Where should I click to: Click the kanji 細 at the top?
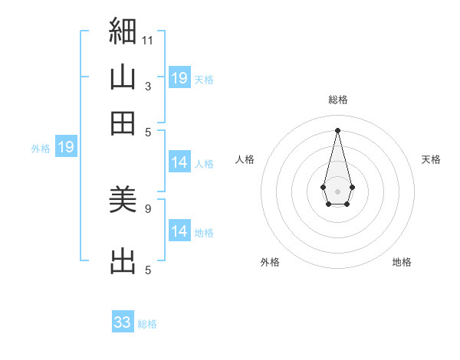click(123, 31)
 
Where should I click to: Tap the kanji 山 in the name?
click(123, 77)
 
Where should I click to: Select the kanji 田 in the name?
click(123, 123)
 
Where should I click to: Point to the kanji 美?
click(123, 199)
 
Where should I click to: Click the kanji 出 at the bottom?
click(123, 260)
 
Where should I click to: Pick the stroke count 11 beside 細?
click(147, 41)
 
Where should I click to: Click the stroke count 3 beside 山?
click(148, 87)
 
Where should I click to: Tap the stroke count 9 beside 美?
click(148, 209)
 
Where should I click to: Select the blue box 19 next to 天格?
click(179, 77)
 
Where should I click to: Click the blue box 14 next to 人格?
click(179, 162)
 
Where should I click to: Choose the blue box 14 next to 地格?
click(179, 230)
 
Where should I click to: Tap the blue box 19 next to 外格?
click(66, 146)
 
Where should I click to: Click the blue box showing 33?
click(123, 321)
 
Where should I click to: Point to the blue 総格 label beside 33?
click(147, 324)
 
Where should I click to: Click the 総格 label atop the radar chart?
click(338, 100)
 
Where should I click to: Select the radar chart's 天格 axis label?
click(431, 159)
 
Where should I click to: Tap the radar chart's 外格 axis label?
click(270, 262)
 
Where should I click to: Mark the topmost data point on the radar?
click(337, 130)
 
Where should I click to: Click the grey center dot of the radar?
click(337, 191)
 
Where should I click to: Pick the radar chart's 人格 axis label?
click(245, 159)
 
